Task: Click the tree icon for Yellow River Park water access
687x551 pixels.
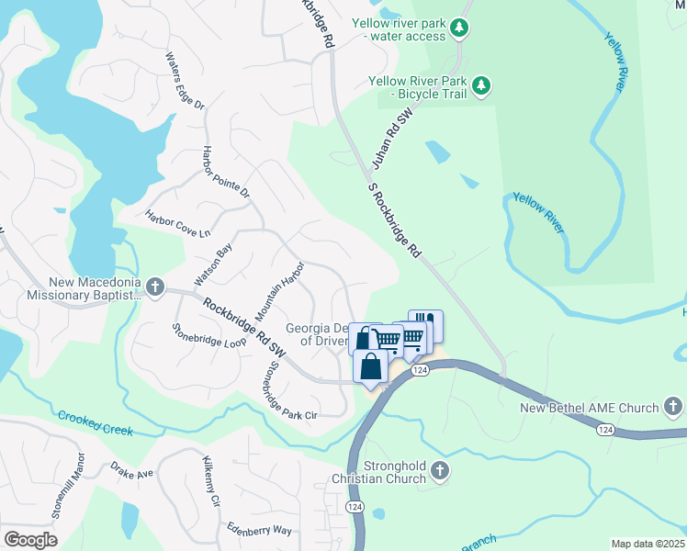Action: (460, 29)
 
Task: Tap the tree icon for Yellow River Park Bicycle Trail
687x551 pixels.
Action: (481, 87)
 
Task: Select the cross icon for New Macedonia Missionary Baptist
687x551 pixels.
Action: (155, 287)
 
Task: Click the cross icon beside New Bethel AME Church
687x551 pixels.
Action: (672, 407)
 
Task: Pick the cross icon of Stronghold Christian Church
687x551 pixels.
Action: (440, 471)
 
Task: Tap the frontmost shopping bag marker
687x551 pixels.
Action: (370, 366)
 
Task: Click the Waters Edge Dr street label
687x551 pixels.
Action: (184, 80)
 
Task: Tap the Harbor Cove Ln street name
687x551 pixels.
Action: (177, 223)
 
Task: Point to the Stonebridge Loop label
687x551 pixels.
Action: (209, 334)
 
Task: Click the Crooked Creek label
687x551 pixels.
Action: (96, 423)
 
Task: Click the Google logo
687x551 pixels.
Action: (30, 539)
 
